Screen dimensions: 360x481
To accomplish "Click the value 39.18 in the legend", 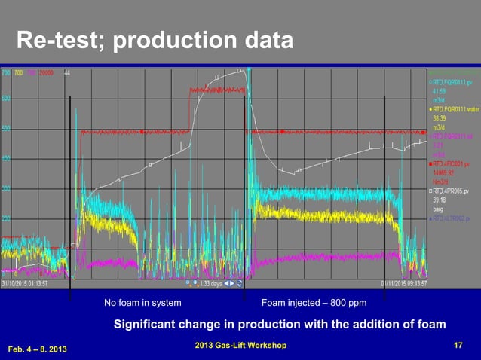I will coord(441,200).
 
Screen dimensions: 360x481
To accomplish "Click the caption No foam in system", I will coord(142,303).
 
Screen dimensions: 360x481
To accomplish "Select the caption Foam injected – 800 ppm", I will coord(313,303).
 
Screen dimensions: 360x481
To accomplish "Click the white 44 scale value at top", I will coord(67,73).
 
